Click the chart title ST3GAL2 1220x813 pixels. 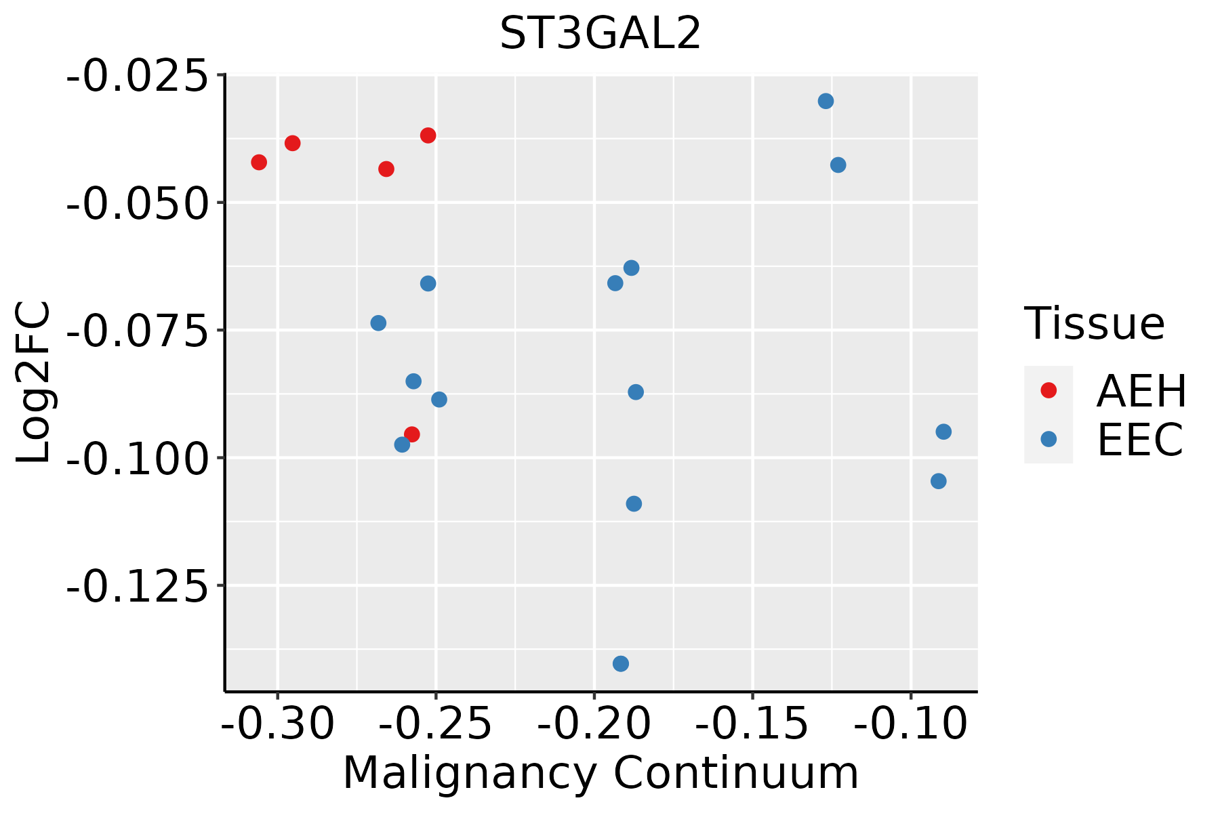pos(600,34)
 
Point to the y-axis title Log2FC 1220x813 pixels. pos(34,383)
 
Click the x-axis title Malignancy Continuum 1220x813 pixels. pos(601,774)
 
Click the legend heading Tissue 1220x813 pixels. pos(1094,324)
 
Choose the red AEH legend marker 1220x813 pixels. pos(1049,390)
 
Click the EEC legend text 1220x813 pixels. pos(1140,440)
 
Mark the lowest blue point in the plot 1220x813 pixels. pos(621,663)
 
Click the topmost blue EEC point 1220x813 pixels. pos(826,102)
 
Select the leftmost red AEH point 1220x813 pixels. pos(259,162)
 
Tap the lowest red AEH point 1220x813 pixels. pos(411,434)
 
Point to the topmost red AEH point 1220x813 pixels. pos(428,135)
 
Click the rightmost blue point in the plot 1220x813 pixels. pos(943,432)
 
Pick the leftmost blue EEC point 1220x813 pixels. pos(378,323)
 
